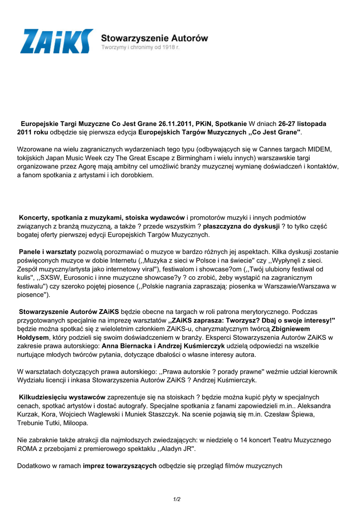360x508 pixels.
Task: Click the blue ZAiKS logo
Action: click(56, 41)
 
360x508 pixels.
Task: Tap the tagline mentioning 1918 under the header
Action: click(140, 47)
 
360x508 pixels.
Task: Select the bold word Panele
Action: click(31, 252)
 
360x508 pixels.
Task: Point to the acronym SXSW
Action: click(50, 277)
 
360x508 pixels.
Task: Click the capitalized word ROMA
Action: click(28, 448)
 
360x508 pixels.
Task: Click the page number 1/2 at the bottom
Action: click(177, 499)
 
